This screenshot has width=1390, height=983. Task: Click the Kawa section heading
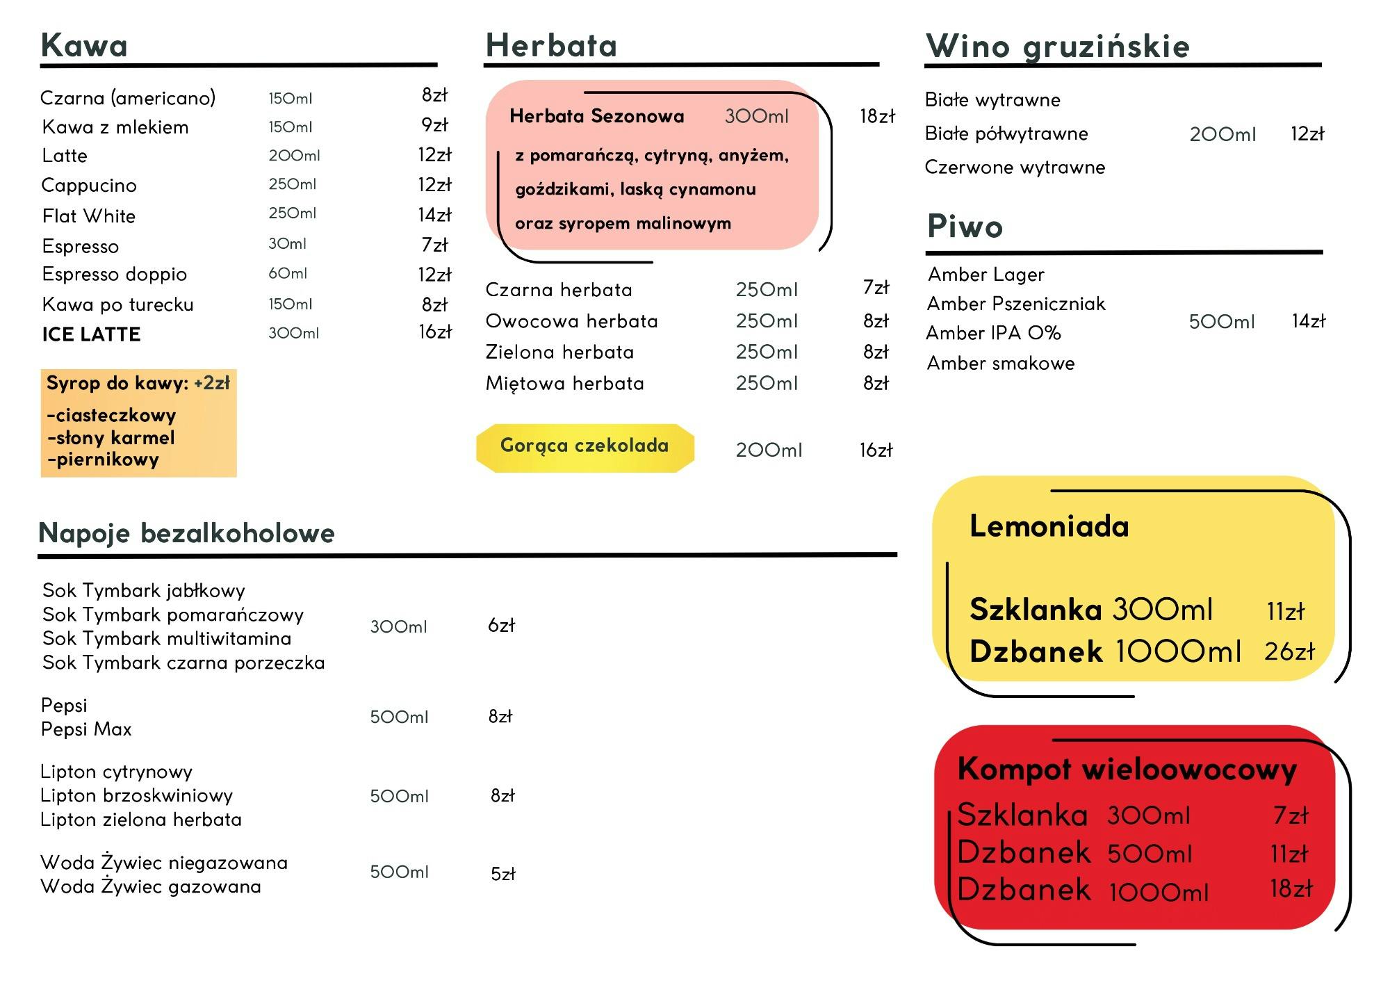pyautogui.click(x=84, y=46)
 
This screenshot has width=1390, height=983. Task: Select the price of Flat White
pyautogui.click(x=434, y=215)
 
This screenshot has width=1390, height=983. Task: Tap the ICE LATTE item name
pyautogui.click(x=91, y=334)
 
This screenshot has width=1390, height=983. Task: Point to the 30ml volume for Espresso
pyautogui.click(x=287, y=244)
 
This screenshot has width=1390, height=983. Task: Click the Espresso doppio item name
pyautogui.click(x=115, y=275)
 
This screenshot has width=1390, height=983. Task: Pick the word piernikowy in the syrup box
pyautogui.click(x=104, y=460)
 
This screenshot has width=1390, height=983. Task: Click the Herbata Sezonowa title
pyautogui.click(x=596, y=116)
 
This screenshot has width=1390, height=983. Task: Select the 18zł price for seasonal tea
pyautogui.click(x=877, y=116)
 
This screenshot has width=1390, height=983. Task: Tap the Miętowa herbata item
pyautogui.click(x=564, y=384)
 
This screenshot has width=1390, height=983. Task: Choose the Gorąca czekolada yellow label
pyautogui.click(x=584, y=446)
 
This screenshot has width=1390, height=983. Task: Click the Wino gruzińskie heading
pyautogui.click(x=1057, y=47)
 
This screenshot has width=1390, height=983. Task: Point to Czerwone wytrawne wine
pyautogui.click(x=1015, y=168)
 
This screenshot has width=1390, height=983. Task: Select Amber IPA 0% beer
pyautogui.click(x=993, y=333)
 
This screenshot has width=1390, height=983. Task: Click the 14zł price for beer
pyautogui.click(x=1308, y=321)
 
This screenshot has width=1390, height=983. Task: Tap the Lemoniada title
pyautogui.click(x=1049, y=526)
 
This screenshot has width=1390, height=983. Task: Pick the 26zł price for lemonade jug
pyautogui.click(x=1289, y=652)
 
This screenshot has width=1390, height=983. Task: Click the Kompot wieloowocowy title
pyautogui.click(x=1127, y=770)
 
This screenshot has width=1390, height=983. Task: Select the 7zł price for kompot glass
pyautogui.click(x=1291, y=815)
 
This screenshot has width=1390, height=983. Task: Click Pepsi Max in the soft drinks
pyautogui.click(x=86, y=729)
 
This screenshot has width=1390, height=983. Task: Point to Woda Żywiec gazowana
pyautogui.click(x=151, y=887)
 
